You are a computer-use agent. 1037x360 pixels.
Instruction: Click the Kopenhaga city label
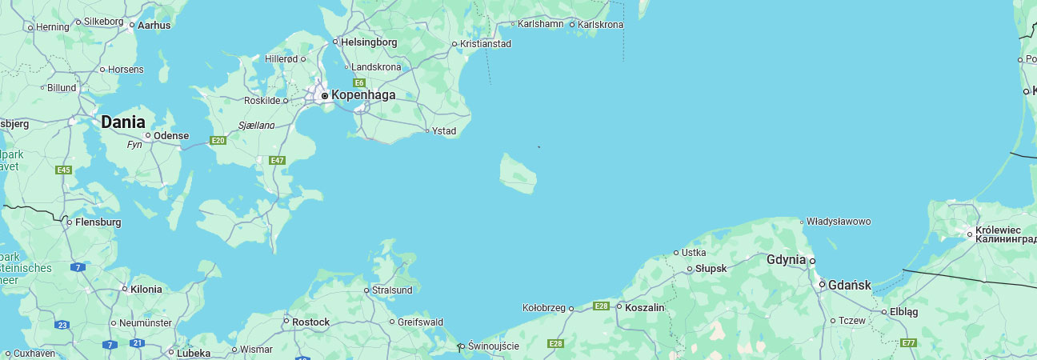pyautogui.click(x=363, y=95)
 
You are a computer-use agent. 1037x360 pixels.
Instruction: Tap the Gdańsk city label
pyautogui.click(x=849, y=285)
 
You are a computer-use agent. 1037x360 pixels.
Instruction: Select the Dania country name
pyautogui.click(x=123, y=122)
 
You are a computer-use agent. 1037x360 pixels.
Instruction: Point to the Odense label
pyautogui.click(x=170, y=135)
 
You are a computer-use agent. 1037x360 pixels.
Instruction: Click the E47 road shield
pyautogui.click(x=278, y=161)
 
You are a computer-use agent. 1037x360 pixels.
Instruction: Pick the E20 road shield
pyautogui.click(x=217, y=141)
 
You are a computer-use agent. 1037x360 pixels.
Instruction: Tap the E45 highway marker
pyautogui.click(x=64, y=170)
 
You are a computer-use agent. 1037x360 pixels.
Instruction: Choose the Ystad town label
pyautogui.click(x=444, y=131)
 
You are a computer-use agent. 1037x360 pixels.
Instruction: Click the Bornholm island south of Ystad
pyautogui.click(x=518, y=174)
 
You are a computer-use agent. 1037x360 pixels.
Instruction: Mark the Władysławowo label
pyautogui.click(x=839, y=221)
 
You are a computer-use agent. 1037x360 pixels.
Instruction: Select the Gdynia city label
pyautogui.click(x=786, y=260)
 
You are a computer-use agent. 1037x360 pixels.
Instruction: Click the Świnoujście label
pyautogui.click(x=493, y=346)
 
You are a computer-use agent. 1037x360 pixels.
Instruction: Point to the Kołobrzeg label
pyautogui.click(x=544, y=307)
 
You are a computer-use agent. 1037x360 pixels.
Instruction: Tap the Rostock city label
pyautogui.click(x=311, y=322)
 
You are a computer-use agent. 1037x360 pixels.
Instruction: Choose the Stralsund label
pyautogui.click(x=393, y=290)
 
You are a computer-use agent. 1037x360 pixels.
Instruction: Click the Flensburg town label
pyautogui.click(x=98, y=222)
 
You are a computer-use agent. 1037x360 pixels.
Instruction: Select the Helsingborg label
pyautogui.click(x=369, y=42)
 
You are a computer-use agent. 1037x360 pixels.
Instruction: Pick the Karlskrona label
pyautogui.click(x=600, y=25)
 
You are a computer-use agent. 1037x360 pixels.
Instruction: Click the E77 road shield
pyautogui.click(x=908, y=343)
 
